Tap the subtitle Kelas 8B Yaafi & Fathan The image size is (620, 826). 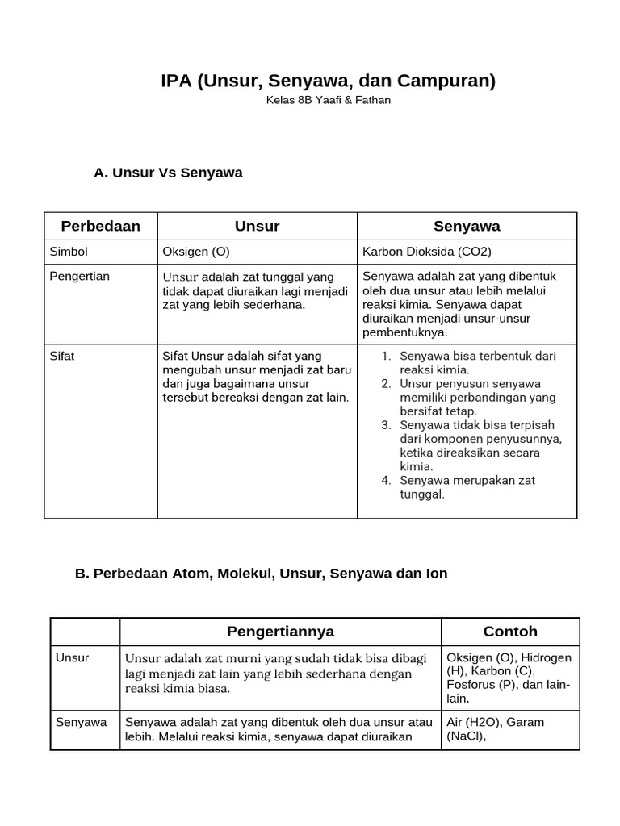329,101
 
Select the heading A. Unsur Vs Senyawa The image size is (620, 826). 168,173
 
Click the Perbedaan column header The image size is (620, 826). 101,226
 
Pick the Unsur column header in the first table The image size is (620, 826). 257,226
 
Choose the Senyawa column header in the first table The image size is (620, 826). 467,226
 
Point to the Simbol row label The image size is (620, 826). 69,252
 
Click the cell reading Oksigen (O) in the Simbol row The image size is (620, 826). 196,252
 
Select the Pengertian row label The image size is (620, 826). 79,276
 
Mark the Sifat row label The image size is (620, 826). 62,356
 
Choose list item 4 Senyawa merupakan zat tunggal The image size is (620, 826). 468,487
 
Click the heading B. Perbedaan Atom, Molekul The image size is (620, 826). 261,574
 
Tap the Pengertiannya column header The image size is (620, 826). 280,631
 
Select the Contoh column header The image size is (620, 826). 510,631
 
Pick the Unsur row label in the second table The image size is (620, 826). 72,657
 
